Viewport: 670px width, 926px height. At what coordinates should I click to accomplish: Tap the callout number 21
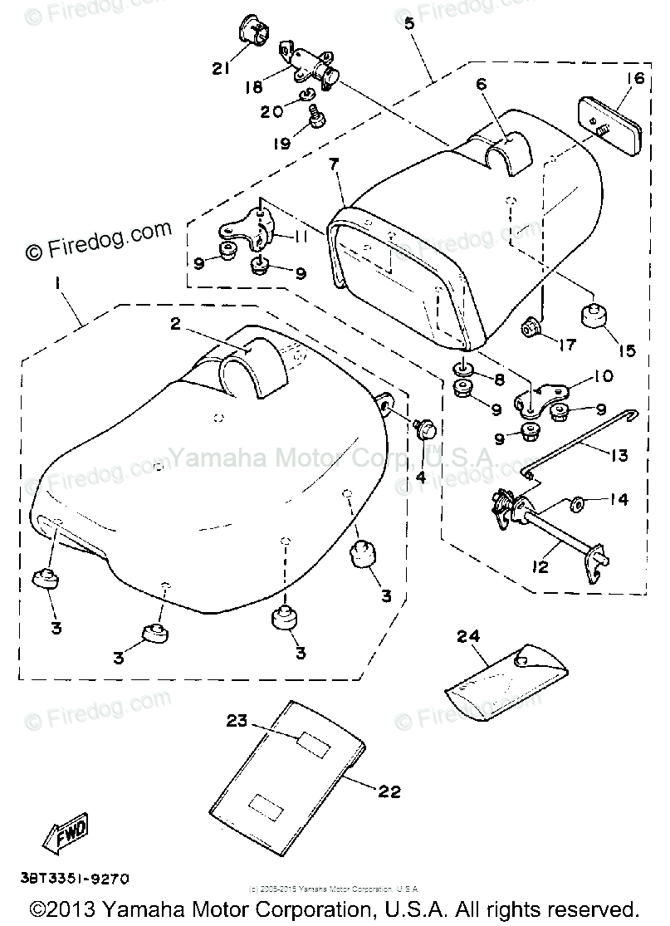(x=220, y=69)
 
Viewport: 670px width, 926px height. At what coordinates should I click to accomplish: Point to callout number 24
(x=469, y=637)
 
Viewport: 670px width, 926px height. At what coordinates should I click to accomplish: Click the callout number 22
(x=389, y=791)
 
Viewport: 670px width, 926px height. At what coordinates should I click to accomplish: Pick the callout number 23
(x=237, y=721)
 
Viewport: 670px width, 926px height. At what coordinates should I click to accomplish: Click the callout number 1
(x=57, y=283)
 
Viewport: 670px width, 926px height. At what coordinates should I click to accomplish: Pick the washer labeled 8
(x=463, y=369)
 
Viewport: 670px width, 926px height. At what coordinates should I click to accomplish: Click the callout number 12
(x=540, y=569)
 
